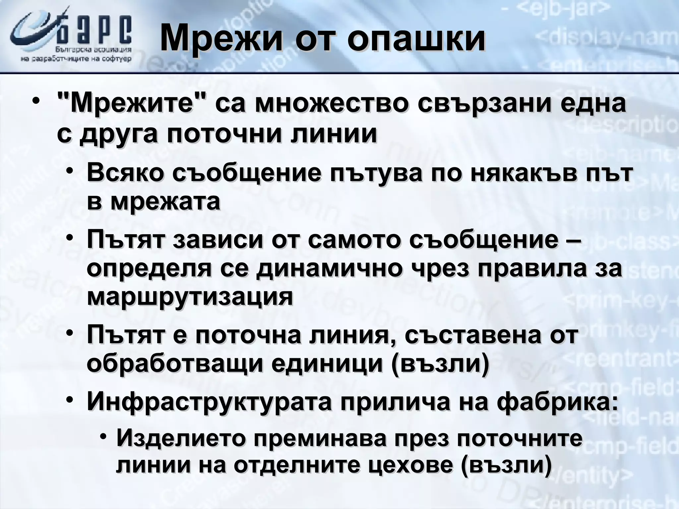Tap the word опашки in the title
click(416, 40)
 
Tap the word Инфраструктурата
click(209, 402)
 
